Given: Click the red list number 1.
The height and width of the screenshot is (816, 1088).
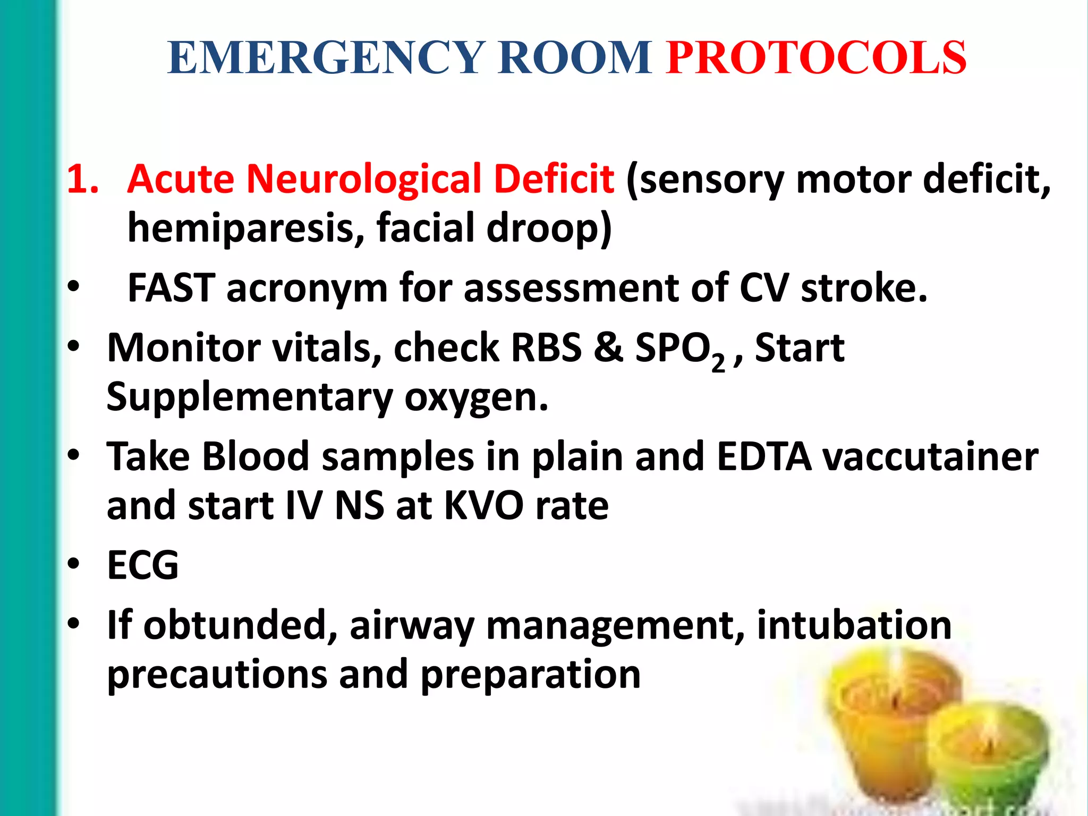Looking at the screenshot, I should point(83,178).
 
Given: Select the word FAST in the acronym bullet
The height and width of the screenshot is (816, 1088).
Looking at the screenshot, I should point(171,288).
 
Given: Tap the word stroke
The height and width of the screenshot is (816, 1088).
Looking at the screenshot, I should point(864,288).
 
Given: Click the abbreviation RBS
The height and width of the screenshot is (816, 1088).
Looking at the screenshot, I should point(546,348).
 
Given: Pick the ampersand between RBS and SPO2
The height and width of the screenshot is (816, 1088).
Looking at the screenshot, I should point(608,348).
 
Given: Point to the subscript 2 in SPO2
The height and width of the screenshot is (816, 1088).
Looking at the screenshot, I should point(718,363).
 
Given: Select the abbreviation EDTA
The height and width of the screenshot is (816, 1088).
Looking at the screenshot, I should point(764,457).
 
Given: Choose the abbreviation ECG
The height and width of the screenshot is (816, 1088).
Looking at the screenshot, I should point(143,565).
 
